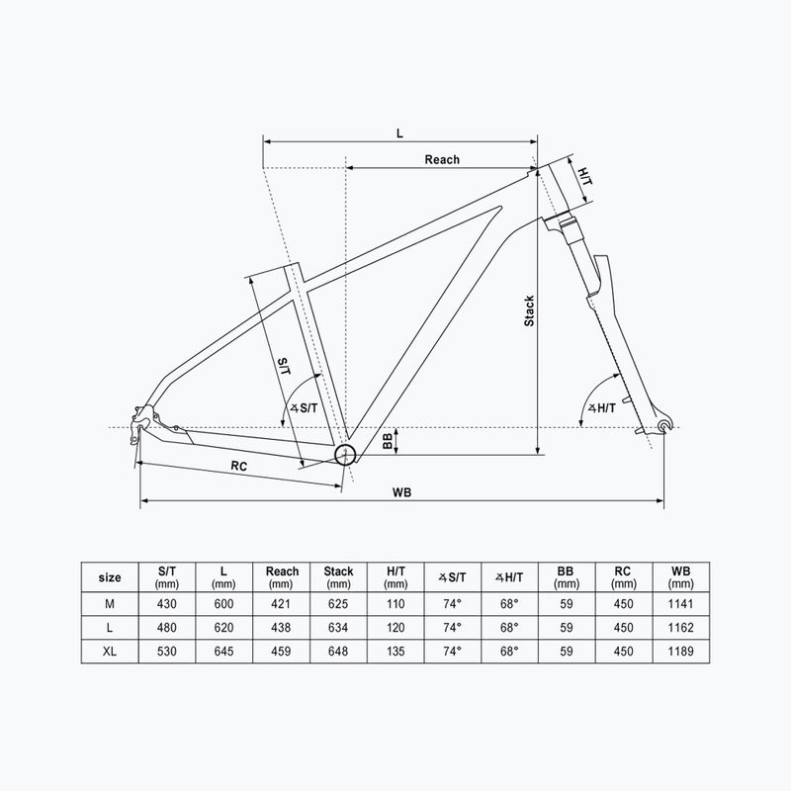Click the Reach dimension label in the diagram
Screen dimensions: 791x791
tap(442, 159)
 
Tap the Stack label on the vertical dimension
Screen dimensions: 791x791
tap(529, 311)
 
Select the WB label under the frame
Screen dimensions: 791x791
tap(400, 492)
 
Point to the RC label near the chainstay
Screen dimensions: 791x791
tap(238, 465)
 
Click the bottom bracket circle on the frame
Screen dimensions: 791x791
tap(345, 455)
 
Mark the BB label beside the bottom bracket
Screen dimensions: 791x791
tap(388, 442)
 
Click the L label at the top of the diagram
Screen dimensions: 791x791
tap(400, 132)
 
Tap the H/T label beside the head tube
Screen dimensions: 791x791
tap(584, 176)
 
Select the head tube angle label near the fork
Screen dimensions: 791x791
tap(600, 407)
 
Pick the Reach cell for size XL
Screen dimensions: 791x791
tap(282, 652)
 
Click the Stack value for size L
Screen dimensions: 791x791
tap(338, 628)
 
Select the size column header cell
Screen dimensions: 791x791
tap(112, 576)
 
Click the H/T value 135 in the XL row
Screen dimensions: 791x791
tap(395, 652)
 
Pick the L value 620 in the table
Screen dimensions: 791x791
tap(225, 628)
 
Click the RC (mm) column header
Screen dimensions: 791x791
tap(623, 576)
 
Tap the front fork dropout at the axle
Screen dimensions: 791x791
tap(663, 426)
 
